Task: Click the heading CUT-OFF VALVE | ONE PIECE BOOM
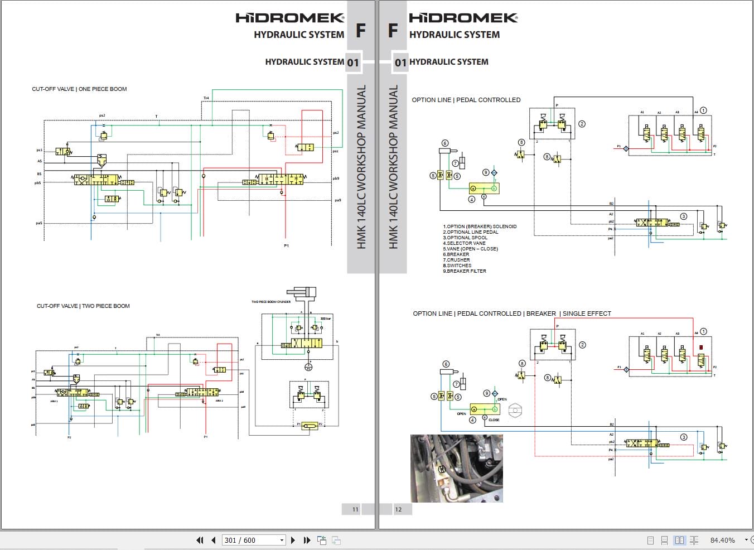click(x=79, y=89)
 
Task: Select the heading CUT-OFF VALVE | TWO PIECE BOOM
click(x=83, y=306)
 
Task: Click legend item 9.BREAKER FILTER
click(x=465, y=271)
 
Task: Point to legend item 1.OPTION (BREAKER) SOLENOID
click(x=480, y=226)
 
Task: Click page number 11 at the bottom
click(x=355, y=509)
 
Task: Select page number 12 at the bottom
click(x=398, y=509)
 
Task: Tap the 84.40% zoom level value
click(x=722, y=540)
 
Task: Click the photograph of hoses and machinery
click(x=457, y=469)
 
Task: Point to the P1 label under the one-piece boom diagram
click(x=287, y=245)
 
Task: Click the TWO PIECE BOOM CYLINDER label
click(x=271, y=302)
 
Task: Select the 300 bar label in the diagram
click(x=326, y=319)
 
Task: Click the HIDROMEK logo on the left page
click(x=289, y=18)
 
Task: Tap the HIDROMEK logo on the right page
click(x=463, y=18)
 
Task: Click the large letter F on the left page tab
click(x=361, y=30)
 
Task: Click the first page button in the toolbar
click(x=200, y=540)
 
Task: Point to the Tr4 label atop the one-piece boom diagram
click(x=206, y=98)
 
